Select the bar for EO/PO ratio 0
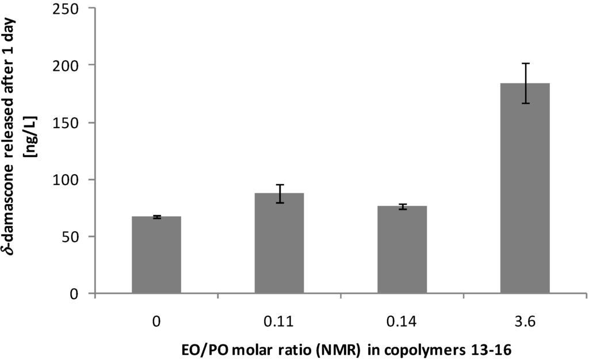click(156, 255)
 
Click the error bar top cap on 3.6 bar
click(525, 63)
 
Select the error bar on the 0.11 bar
click(279, 193)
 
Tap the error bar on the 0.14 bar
click(402, 206)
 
